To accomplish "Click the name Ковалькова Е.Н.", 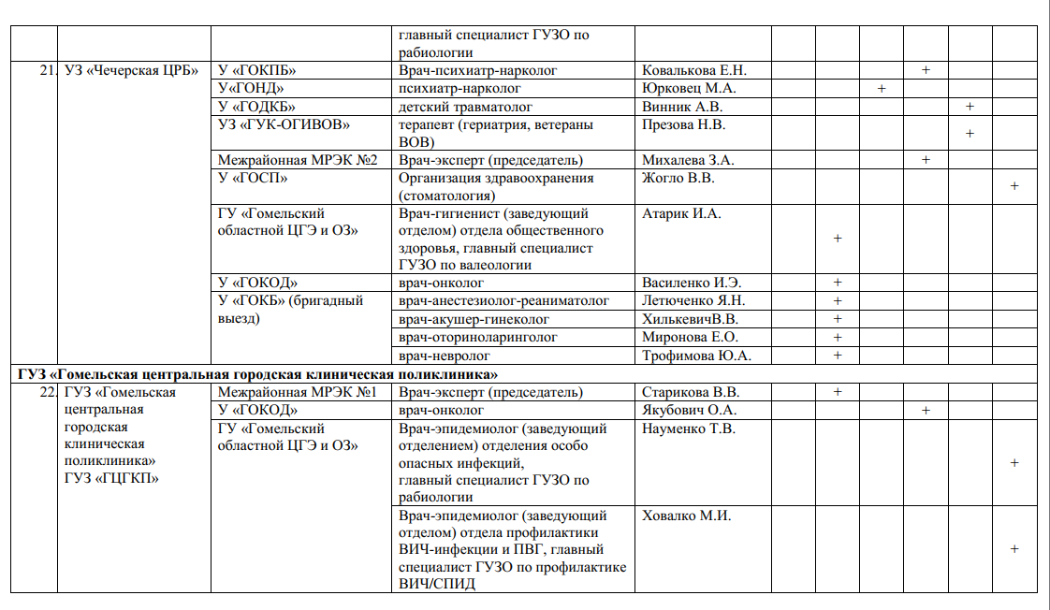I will [693, 71].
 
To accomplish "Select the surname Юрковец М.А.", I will [689, 89].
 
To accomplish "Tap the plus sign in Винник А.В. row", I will [970, 107].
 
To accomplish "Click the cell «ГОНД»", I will [250, 89].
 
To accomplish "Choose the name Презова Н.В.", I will [684, 124].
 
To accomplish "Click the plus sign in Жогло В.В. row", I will [1014, 186].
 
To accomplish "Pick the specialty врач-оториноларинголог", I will [477, 337].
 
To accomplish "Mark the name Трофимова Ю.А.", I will [696, 356].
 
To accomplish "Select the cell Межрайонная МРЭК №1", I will [297, 392].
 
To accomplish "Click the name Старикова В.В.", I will [691, 392].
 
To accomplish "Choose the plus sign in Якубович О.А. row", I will [926, 410].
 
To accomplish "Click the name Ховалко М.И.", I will [686, 516].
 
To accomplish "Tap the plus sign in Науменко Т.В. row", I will [1014, 462].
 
